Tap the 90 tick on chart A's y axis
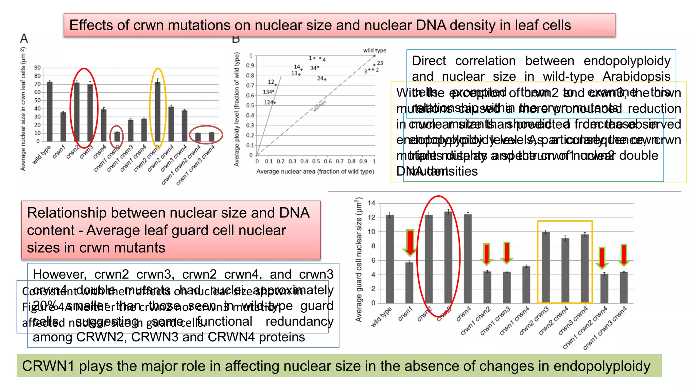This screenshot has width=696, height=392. [37, 68]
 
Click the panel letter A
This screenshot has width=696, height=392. [24, 38]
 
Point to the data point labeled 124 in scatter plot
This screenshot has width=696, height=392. [275, 102]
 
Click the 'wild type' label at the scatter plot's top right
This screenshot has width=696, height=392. [375, 50]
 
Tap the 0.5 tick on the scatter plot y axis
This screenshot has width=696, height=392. [250, 105]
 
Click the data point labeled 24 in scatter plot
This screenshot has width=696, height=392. [325, 79]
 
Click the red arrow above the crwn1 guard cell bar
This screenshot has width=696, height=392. [410, 242]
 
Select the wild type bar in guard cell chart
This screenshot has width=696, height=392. [390, 259]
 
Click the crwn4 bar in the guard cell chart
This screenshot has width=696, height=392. [468, 259]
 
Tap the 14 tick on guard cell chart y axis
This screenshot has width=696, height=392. [371, 203]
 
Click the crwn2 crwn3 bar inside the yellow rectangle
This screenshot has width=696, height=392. [546, 267]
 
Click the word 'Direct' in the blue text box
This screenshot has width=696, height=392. [429, 61]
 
